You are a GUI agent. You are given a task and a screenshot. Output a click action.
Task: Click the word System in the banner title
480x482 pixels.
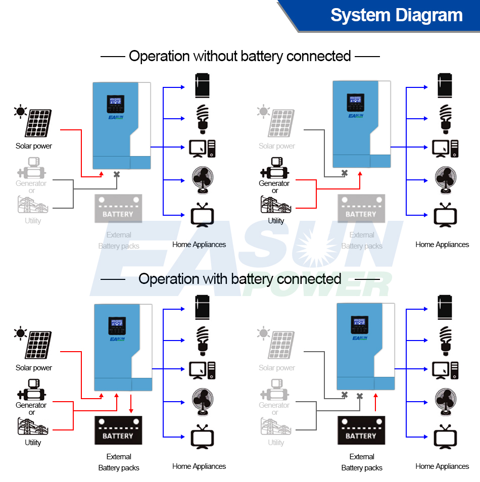click(360, 15)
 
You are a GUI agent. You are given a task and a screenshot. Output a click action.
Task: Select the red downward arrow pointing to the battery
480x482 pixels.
click(131, 404)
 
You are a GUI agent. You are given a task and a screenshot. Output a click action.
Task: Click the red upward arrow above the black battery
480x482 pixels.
click(375, 402)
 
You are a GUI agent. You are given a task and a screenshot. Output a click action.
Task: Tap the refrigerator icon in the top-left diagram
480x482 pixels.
click(202, 85)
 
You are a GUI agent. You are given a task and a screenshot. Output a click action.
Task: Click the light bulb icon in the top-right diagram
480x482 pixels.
click(446, 119)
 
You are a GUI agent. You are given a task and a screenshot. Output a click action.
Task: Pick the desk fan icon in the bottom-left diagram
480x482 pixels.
click(203, 402)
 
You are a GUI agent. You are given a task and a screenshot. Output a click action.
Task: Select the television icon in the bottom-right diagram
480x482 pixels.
click(445, 437)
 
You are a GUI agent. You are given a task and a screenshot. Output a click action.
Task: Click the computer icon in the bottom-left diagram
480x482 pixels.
click(202, 370)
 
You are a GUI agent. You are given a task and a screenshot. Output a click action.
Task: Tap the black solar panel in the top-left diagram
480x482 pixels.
click(37, 123)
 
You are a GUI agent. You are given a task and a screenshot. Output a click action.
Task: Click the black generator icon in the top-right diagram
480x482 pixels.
click(274, 168)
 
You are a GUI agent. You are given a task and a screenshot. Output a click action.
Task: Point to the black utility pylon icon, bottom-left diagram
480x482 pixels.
click(33, 426)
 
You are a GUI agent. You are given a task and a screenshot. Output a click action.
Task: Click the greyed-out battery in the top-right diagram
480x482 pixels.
click(361, 209)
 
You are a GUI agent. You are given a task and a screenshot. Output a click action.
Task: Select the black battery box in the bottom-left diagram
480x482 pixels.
click(118, 430)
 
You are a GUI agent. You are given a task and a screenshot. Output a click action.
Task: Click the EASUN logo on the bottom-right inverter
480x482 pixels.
click(360, 338)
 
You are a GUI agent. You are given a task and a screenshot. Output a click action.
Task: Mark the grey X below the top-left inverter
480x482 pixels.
click(117, 174)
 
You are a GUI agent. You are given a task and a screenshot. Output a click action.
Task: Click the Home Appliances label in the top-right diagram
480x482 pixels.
click(442, 245)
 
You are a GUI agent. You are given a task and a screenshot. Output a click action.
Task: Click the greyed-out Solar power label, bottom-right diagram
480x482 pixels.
click(277, 368)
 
